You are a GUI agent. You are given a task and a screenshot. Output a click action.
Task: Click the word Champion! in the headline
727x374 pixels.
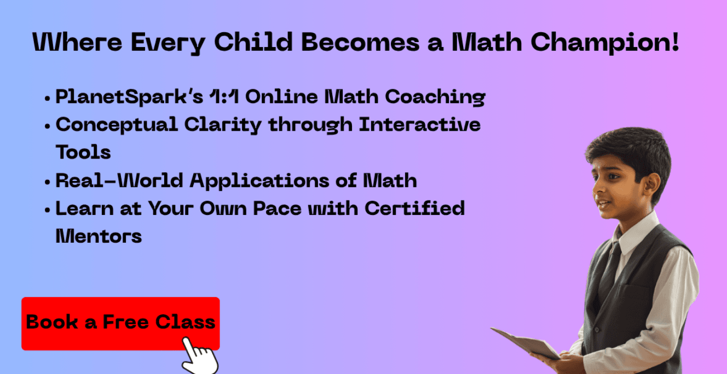[604, 43]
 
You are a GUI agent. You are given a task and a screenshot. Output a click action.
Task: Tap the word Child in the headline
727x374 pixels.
[253, 42]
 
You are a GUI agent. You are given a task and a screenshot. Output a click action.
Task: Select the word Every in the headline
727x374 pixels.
[168, 43]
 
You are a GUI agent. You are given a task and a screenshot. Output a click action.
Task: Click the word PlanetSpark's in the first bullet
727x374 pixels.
[129, 97]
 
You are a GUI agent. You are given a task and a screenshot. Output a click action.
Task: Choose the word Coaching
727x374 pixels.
[435, 97]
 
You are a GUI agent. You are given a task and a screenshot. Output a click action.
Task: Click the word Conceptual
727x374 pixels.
[117, 125]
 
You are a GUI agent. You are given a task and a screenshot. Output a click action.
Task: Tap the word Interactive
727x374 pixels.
[420, 124]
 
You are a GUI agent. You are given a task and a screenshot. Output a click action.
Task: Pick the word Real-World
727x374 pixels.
[119, 180]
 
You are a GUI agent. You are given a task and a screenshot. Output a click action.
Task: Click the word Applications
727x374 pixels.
[259, 181]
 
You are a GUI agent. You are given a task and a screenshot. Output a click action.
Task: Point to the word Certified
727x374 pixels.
[414, 208]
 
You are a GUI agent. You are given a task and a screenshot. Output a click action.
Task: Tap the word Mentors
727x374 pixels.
[99, 236]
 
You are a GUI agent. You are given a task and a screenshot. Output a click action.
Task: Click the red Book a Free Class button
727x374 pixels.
[120, 324]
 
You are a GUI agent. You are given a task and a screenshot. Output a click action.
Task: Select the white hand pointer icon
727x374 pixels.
[200, 356]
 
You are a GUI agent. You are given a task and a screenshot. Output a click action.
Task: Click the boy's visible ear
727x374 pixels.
[651, 186]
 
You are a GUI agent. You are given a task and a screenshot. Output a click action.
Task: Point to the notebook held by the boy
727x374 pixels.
[525, 343]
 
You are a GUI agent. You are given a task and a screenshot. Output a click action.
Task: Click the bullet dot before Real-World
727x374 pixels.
[48, 182]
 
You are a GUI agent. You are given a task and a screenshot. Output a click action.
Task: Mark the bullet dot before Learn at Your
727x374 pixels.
[48, 210]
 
